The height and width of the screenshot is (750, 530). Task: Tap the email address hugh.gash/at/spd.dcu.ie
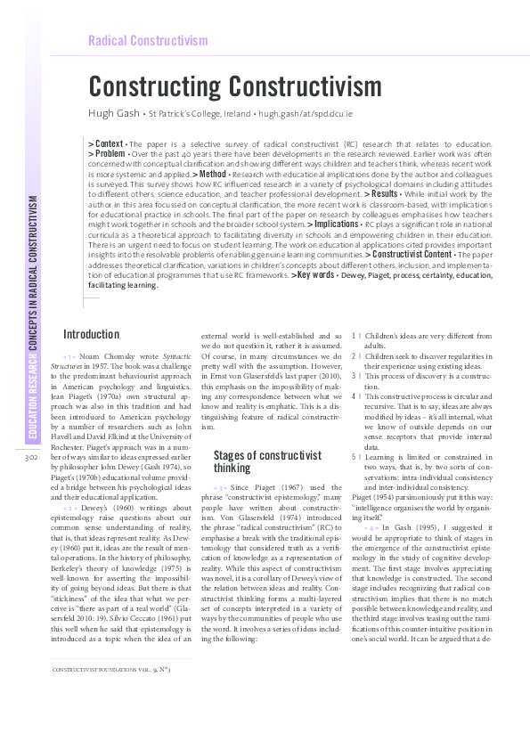pyautogui.click(x=304, y=115)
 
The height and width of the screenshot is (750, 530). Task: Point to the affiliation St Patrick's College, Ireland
pyautogui.click(x=197, y=115)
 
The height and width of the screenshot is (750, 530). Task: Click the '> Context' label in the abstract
pyautogui.click(x=106, y=143)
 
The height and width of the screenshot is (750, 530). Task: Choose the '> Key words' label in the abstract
pyautogui.click(x=313, y=276)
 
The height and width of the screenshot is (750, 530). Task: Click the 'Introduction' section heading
pyautogui.click(x=91, y=335)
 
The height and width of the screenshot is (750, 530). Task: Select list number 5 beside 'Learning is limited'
pyautogui.click(x=355, y=453)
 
